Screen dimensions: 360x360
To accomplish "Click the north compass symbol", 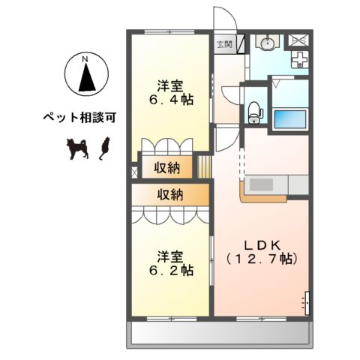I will [85, 75].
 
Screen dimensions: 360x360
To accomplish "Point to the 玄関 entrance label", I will [224, 44].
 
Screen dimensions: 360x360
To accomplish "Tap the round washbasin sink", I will [266, 44].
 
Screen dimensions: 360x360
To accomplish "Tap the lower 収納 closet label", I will [169, 194].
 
